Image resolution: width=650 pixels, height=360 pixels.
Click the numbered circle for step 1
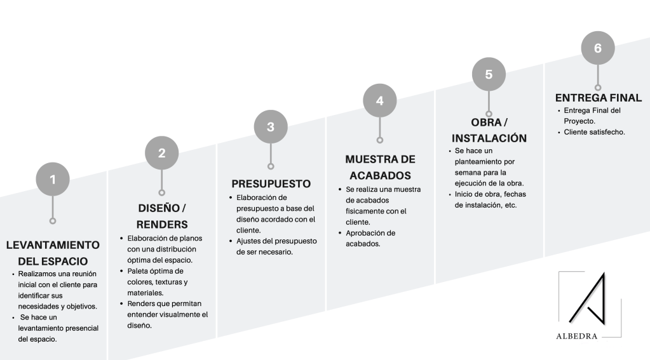coord(53,180)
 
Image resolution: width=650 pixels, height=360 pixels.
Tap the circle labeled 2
coord(162,152)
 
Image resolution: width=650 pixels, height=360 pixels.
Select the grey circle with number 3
coord(271,126)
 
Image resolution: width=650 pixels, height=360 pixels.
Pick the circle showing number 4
coord(379,100)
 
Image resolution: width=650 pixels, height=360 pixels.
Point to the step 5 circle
coord(489,74)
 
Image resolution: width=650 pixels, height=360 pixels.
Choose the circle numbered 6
coord(597,48)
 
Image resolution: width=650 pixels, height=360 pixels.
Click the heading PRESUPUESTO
coord(271,183)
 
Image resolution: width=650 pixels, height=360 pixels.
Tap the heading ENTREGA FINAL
coord(598,98)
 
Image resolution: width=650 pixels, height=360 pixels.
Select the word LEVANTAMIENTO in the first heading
coord(53,245)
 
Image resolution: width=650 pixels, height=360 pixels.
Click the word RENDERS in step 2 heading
coord(162,224)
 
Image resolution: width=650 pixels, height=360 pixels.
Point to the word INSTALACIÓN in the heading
coord(489,138)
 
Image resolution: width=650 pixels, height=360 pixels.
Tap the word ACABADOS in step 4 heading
coord(380,175)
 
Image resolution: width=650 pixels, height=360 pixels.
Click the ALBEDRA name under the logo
coord(576,336)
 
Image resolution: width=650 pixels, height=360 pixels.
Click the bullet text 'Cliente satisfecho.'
coord(594,132)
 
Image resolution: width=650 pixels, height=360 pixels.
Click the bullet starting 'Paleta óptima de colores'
coord(159,282)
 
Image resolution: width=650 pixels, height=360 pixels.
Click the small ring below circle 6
coord(597,87)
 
